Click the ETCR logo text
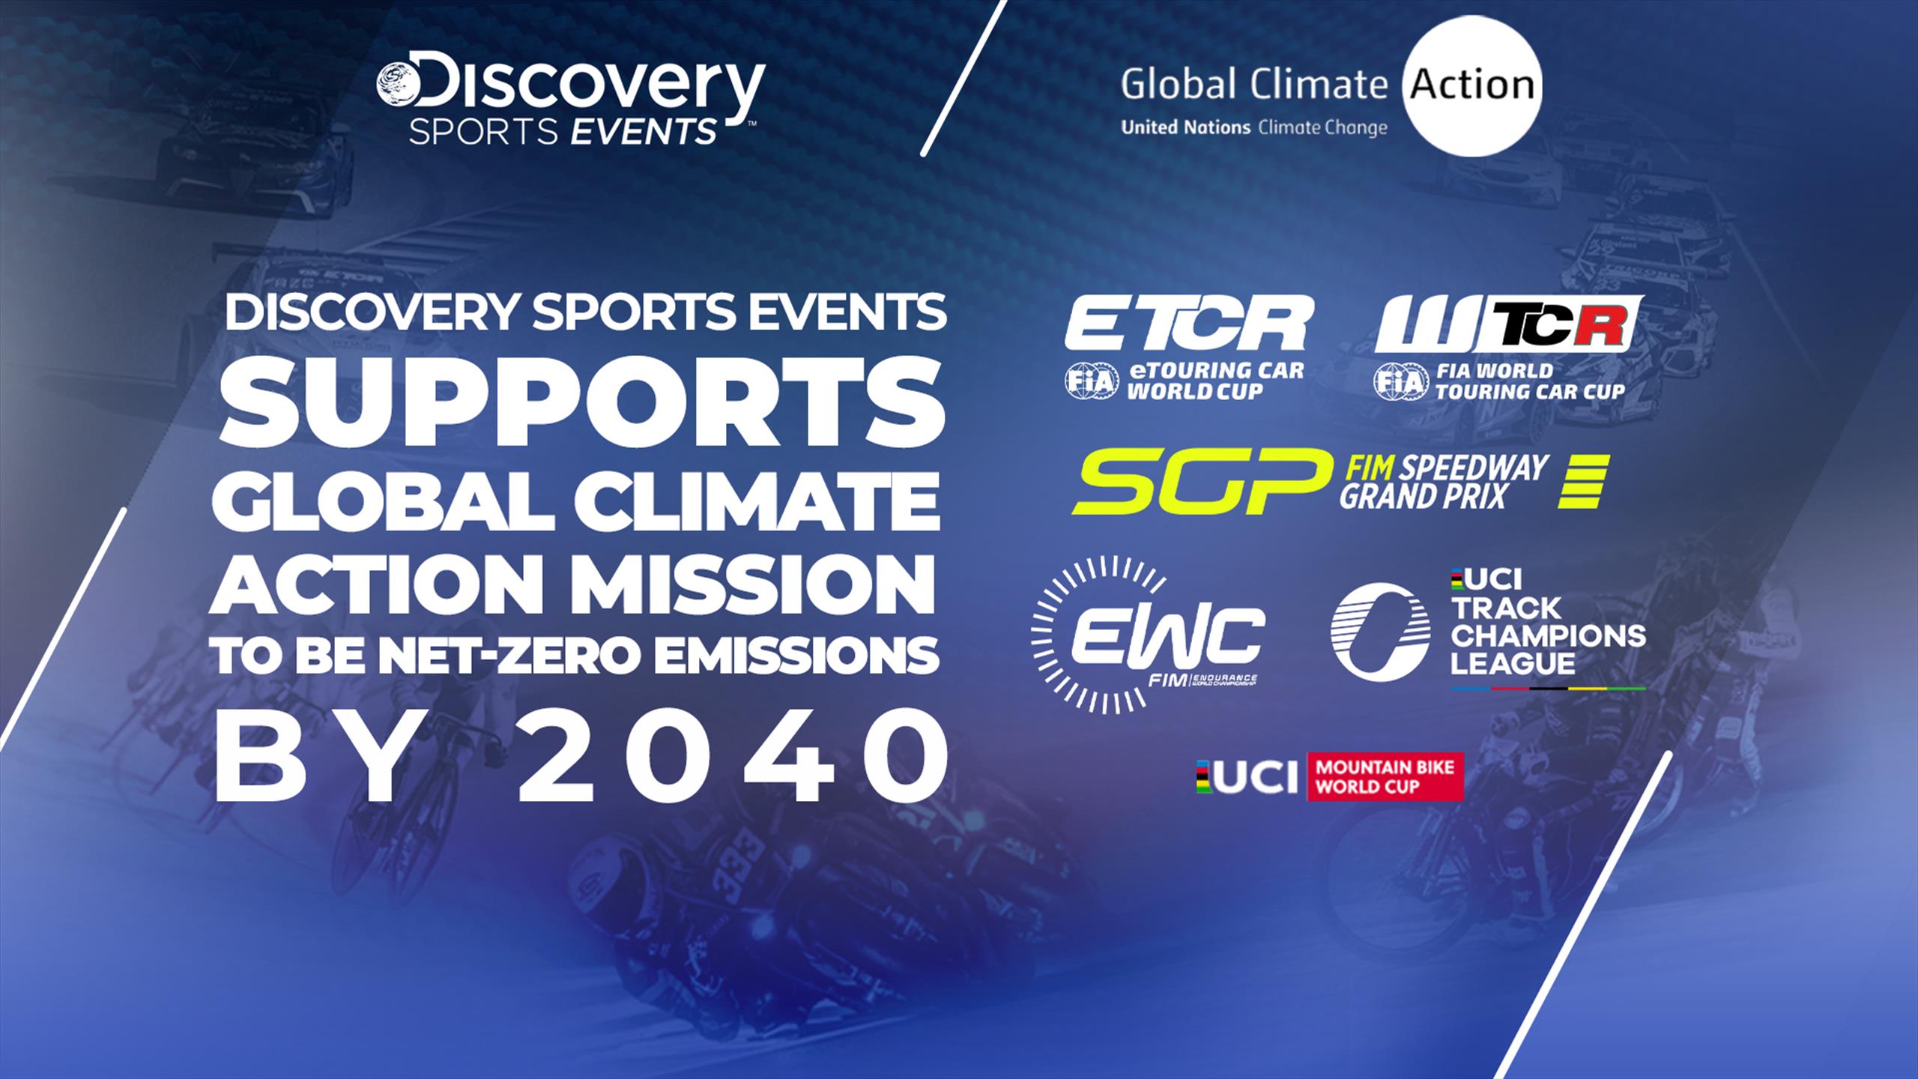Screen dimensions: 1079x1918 [1189, 323]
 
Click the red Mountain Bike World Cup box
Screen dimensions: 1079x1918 [1385, 777]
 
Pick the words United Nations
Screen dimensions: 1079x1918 [1185, 128]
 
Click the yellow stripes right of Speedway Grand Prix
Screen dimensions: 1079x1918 [1583, 482]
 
